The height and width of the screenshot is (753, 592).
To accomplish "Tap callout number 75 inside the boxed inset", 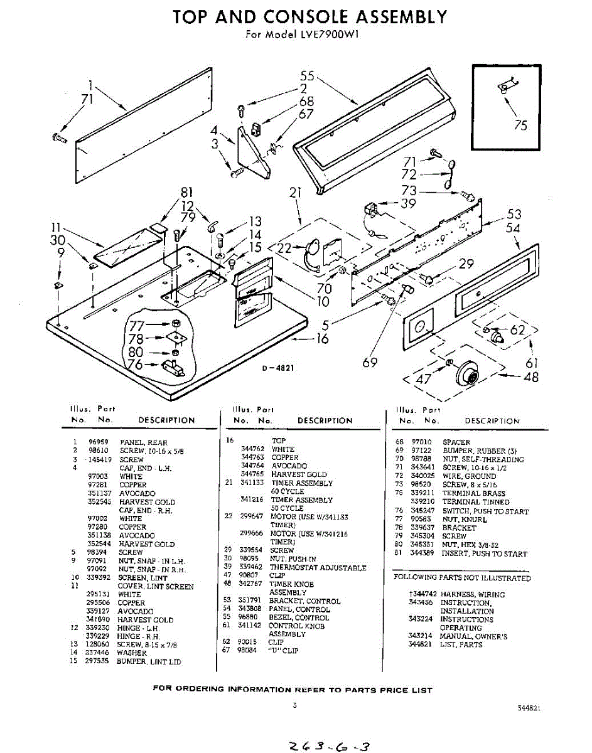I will (x=520, y=125).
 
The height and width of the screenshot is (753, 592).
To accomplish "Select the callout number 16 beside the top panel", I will (x=322, y=339).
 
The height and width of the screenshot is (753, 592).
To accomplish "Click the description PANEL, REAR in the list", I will (x=144, y=442).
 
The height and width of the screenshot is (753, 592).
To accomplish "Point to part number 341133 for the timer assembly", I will (x=252, y=483).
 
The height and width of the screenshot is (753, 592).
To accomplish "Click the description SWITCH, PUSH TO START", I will (x=485, y=511).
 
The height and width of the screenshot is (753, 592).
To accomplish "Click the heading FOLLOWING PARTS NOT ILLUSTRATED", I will (x=461, y=578).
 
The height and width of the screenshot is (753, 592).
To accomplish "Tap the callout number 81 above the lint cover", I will (x=186, y=193).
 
